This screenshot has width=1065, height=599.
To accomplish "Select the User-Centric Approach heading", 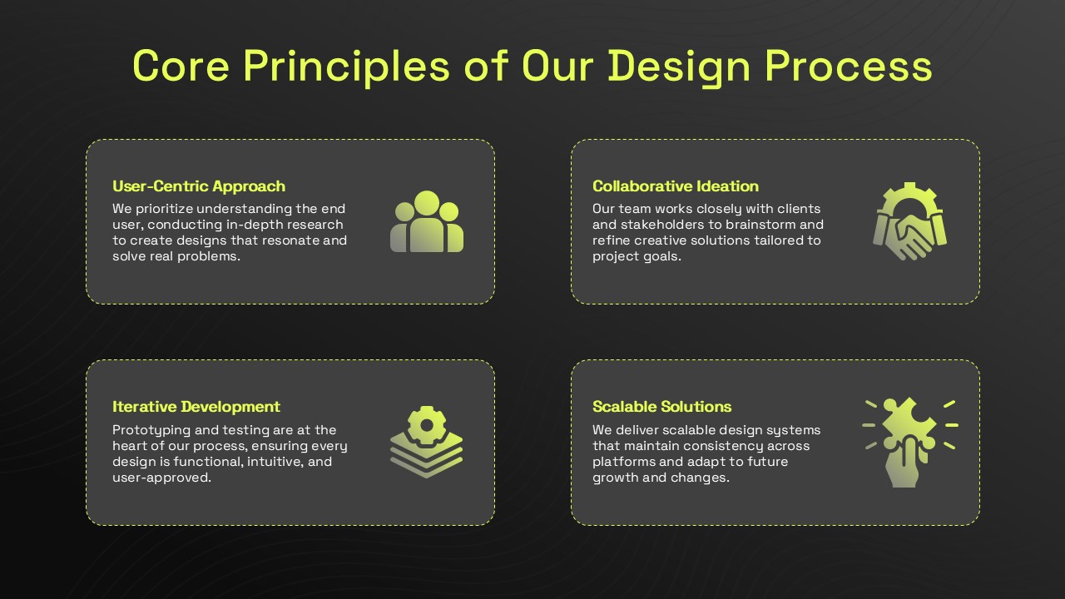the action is [x=199, y=186].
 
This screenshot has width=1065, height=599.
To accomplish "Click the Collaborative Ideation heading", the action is [x=676, y=186].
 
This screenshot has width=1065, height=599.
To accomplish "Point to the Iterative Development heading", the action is [x=196, y=407].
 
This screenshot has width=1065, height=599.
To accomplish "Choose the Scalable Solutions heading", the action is [x=661, y=407].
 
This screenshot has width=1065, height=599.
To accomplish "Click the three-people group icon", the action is [x=427, y=221].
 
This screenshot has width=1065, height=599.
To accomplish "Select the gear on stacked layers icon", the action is [x=427, y=442].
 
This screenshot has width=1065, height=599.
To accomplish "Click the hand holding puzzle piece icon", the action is [x=910, y=443].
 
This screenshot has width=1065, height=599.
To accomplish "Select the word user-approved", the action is [x=161, y=478].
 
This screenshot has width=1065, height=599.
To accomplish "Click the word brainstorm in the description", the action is [x=752, y=225].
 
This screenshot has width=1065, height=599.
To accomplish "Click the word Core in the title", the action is [x=181, y=67].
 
